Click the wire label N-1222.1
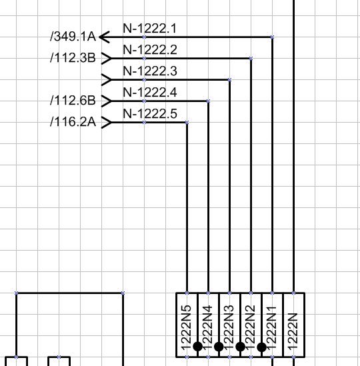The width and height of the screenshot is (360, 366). coord(149,28)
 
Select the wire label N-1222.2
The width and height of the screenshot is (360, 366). coord(150,50)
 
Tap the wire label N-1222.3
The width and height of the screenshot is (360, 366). coord(150,71)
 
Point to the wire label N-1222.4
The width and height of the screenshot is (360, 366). coord(150,93)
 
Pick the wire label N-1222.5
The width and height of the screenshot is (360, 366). coord(150,114)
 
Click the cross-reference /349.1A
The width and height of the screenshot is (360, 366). coord(73,37)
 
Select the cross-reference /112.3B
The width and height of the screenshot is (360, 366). coord(73,57)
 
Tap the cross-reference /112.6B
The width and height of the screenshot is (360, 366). coord(73,101)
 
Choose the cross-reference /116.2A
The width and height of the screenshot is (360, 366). coord(73,122)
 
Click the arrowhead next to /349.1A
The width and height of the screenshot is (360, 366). coord(105,37)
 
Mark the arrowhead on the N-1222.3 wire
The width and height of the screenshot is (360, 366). coord(107,80)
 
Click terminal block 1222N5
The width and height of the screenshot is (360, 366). coord(187,325)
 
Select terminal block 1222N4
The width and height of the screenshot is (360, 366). coord(208,325)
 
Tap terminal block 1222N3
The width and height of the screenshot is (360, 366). coord(229,325)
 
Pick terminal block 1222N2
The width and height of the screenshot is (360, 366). coord(251,325)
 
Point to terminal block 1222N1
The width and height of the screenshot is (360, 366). coord(273,325)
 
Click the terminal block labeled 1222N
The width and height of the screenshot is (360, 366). coord(294,325)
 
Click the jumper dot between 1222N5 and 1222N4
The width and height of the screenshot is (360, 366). coord(198,347)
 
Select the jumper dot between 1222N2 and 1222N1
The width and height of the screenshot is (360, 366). coord(262,347)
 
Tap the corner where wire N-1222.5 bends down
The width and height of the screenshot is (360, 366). coord(187,122)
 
